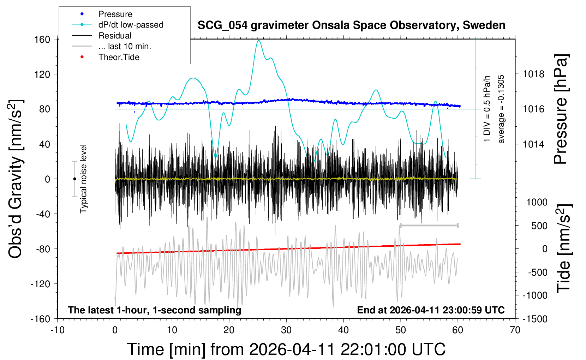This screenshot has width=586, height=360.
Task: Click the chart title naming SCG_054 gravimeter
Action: pyautogui.click(x=351, y=25)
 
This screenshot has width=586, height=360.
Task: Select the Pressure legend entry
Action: pyautogui.click(x=115, y=14)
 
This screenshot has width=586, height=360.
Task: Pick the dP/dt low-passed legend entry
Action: pyautogui.click(x=131, y=25)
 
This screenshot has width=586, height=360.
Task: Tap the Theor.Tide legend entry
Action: pyautogui.click(x=119, y=57)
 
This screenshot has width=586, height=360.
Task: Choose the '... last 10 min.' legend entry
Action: pyautogui.click(x=125, y=46)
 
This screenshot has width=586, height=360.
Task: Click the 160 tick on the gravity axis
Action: pyautogui.click(x=42, y=39)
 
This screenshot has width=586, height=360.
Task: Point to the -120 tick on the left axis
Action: pyautogui.click(x=41, y=284)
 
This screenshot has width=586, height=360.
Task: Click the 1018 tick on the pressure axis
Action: pyautogui.click(x=533, y=74)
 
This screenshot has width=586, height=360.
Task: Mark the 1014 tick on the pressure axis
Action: pyautogui.click(x=533, y=144)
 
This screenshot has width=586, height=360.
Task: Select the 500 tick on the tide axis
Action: pyautogui.click(x=539, y=226)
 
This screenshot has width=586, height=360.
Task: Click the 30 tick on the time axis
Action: pyautogui.click(x=286, y=330)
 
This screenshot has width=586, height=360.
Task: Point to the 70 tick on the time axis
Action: pyautogui.click(x=515, y=330)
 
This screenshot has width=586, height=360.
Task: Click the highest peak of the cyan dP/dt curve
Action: pyautogui.click(x=259, y=41)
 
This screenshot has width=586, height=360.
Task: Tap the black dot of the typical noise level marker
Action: pyautogui.click(x=74, y=179)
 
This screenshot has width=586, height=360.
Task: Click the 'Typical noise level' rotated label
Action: pyautogui.click(x=83, y=179)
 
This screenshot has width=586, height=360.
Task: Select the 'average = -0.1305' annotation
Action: pyautogui.click(x=501, y=109)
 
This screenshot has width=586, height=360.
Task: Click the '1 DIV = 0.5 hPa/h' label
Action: pyautogui.click(x=487, y=109)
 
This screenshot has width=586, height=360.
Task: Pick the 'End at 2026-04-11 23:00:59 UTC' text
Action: pyautogui.click(x=431, y=310)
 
